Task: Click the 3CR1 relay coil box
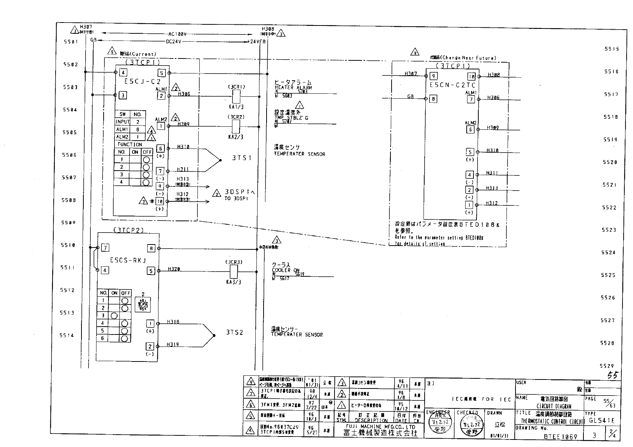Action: (237, 97)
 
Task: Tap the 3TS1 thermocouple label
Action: (242, 158)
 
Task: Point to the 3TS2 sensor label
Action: (235, 332)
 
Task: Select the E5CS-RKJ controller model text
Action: (128, 260)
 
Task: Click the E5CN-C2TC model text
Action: (452, 85)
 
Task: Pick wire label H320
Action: (174, 269)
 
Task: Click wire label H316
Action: (173, 322)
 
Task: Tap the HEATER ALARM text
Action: (293, 88)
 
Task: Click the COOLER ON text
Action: (286, 270)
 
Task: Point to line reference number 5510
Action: (68, 245)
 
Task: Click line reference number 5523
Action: (609, 230)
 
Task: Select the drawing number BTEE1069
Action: (561, 436)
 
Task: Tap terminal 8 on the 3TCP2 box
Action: (151, 248)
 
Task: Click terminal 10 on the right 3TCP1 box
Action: (472, 76)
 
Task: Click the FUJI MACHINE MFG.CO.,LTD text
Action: (380, 427)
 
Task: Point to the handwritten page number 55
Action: (612, 375)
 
